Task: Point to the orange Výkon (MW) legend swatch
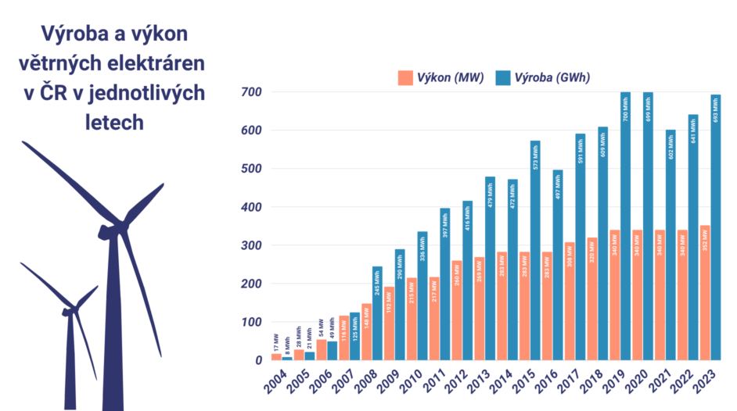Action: pyautogui.click(x=405, y=77)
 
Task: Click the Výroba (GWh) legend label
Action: pyautogui.click(x=552, y=77)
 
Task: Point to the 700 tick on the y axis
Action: pyautogui.click(x=251, y=92)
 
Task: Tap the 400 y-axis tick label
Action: pyautogui.click(x=251, y=207)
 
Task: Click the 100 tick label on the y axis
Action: pyautogui.click(x=251, y=322)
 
